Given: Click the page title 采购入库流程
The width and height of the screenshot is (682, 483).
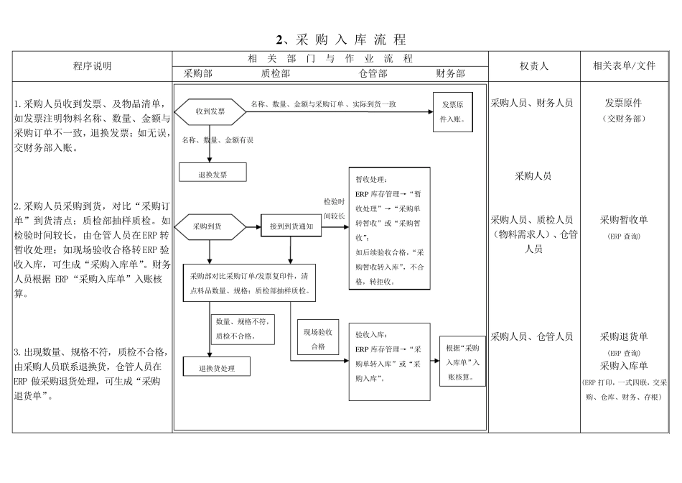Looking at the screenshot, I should coord(341,40).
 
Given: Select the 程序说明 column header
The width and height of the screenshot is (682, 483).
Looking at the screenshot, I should coord(93,66).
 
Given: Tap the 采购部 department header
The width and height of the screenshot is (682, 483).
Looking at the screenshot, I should coord(198,73).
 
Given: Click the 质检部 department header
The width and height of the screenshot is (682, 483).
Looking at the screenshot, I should coord(276,73).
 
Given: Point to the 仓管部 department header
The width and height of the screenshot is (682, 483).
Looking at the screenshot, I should coord(373,73).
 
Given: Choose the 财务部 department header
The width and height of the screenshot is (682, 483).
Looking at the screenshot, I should coord(450,73).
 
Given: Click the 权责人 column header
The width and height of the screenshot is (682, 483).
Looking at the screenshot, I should coord(534,66).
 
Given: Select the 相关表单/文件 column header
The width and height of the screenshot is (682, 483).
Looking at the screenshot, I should coord(624,66).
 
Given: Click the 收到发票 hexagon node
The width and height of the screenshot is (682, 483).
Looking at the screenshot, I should coord(210,111).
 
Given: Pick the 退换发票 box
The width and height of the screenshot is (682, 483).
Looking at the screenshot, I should coord(212,172).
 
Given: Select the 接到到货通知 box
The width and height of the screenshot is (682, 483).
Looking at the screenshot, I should coord(291,226).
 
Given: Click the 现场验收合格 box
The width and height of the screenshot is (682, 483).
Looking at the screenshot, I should coord(317,339).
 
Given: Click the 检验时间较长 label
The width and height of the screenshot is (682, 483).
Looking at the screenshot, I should coord(334,208).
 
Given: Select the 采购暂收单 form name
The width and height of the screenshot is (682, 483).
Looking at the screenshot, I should coord(624,220).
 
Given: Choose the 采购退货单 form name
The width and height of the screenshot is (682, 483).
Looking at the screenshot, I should coord(624,336).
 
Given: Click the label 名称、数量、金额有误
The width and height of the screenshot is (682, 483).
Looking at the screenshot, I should coord(218,139).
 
